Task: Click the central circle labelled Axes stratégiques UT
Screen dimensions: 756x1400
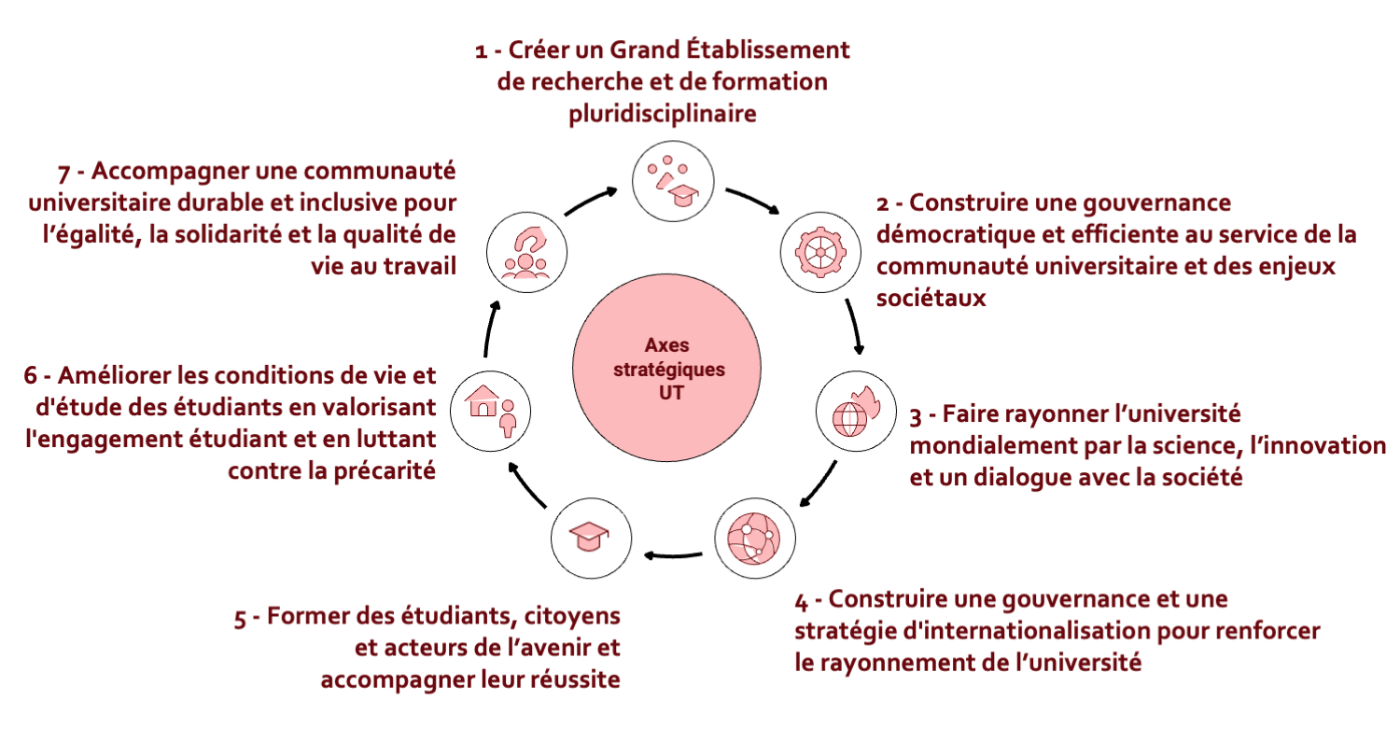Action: pyautogui.click(x=667, y=368)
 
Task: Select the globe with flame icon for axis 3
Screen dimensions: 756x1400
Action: pyautogui.click(x=856, y=410)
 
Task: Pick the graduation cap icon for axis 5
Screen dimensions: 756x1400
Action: pyautogui.click(x=589, y=538)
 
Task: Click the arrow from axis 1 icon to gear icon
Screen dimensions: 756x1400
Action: pyautogui.click(x=752, y=202)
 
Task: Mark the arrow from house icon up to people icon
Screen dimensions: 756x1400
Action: pyautogui.click(x=491, y=331)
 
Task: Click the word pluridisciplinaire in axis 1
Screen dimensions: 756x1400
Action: pyautogui.click(x=662, y=113)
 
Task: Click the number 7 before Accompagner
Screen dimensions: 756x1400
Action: pyautogui.click(x=63, y=174)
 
